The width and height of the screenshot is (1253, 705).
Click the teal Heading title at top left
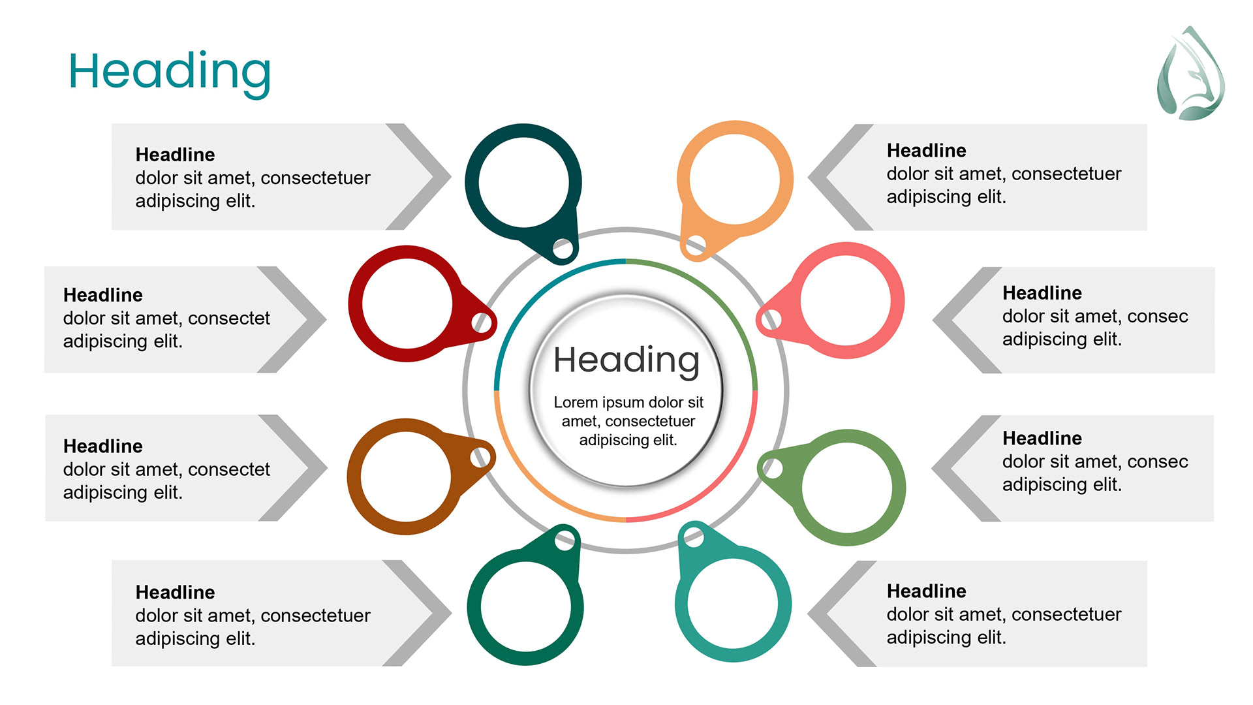(x=170, y=72)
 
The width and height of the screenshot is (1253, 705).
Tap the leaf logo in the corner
(x=1190, y=74)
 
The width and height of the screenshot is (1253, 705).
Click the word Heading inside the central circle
(x=626, y=360)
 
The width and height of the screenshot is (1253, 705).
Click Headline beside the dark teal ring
(x=175, y=155)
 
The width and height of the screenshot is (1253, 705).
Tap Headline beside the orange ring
(x=926, y=151)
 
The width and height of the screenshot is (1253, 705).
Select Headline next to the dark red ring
(x=102, y=295)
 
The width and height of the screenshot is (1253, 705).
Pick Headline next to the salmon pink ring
(x=1042, y=293)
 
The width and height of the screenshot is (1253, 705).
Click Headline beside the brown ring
(x=102, y=446)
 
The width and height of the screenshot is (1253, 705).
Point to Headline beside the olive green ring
(x=1042, y=439)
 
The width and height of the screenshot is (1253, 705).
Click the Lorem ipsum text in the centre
(x=628, y=421)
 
